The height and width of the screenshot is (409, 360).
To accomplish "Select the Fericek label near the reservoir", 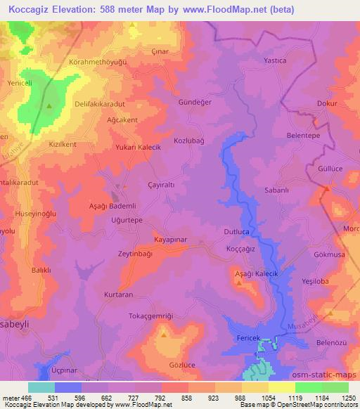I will click(x=247, y=339).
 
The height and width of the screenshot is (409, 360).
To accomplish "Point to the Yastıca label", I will click(x=274, y=60).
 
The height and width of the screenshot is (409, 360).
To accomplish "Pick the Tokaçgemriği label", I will click(x=150, y=316).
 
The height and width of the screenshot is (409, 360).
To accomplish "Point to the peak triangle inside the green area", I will click(x=49, y=106).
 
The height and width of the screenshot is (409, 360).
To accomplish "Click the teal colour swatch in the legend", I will click(x=41, y=387).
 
